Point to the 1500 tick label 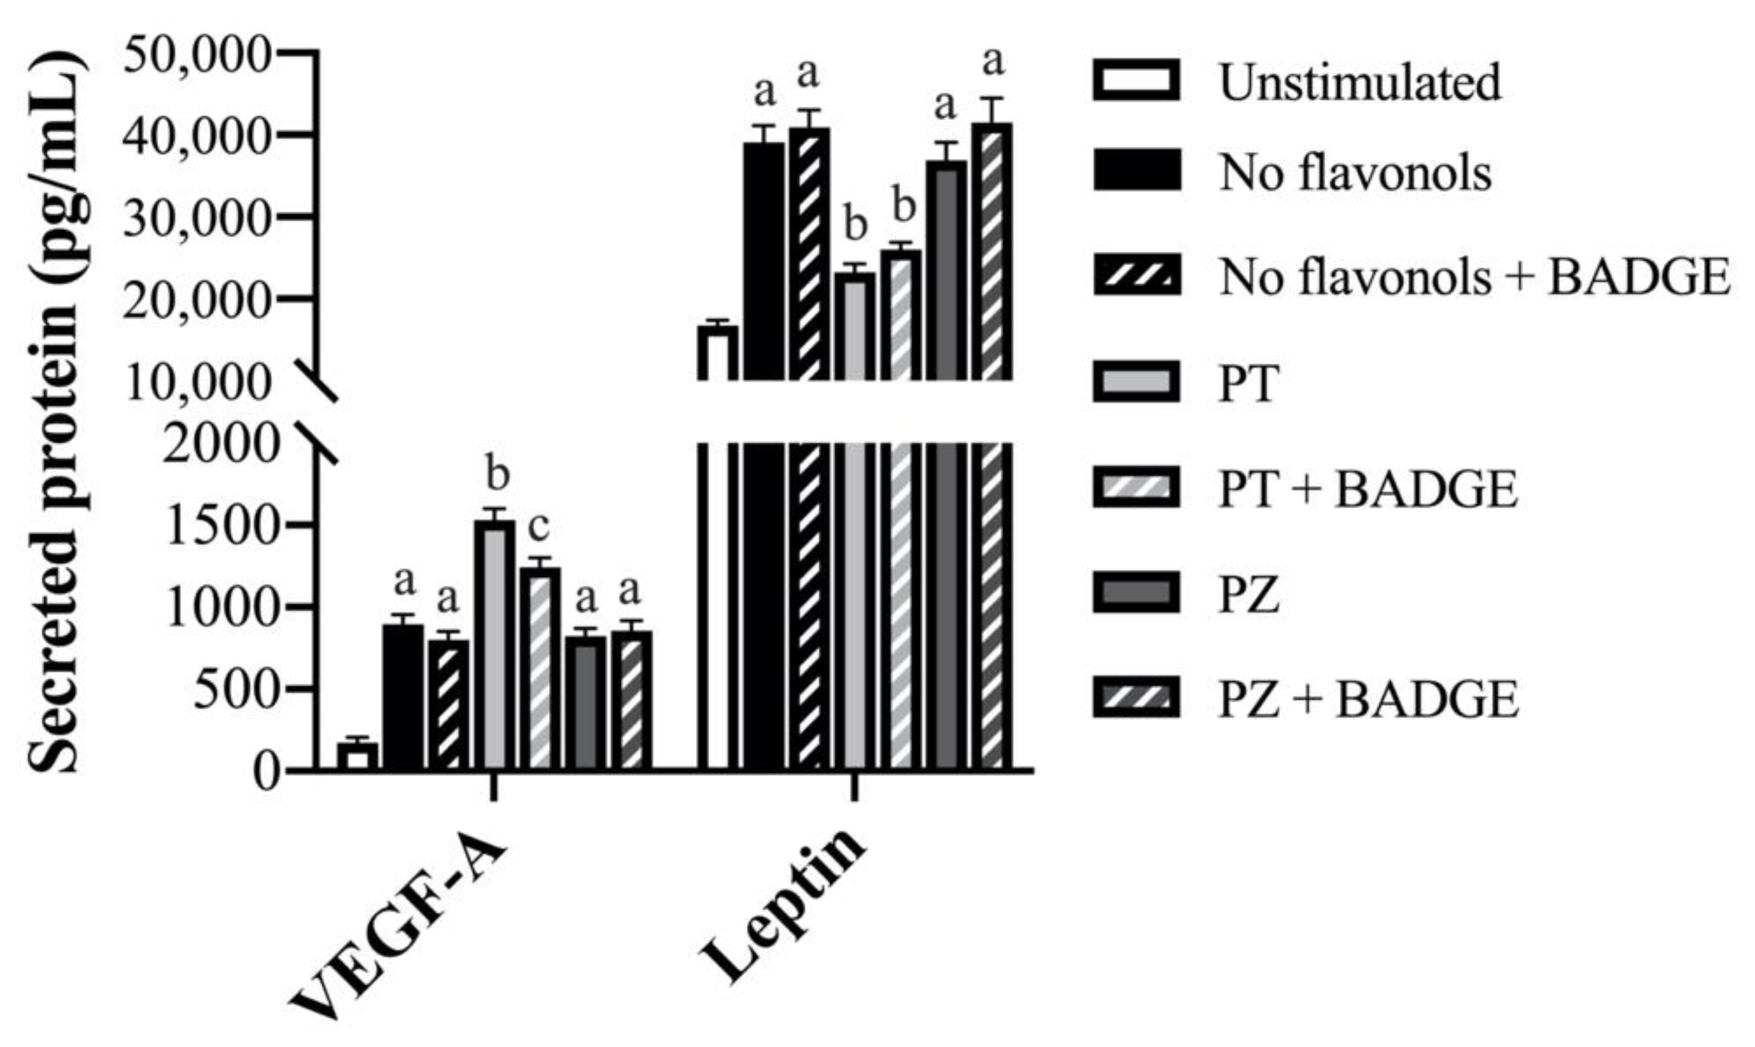(219, 525)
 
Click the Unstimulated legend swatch (1136, 80)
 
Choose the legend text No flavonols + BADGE (1475, 276)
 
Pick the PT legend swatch (1136, 382)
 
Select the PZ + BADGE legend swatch (1136, 698)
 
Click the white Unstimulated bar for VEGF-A (357, 757)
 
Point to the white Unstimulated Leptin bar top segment (718, 353)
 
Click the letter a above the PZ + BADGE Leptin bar (993, 62)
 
